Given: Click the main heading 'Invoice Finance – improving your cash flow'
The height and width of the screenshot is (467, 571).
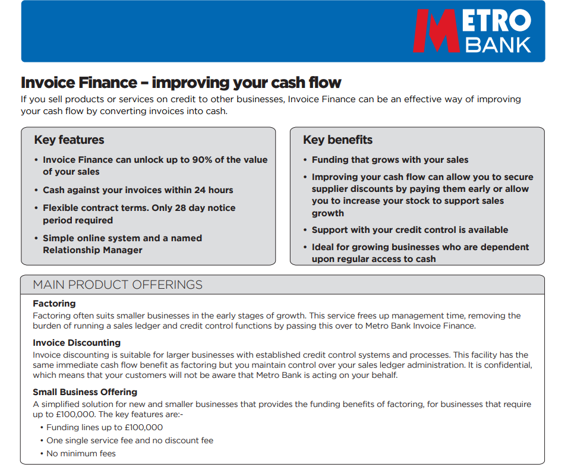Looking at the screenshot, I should [x=181, y=83].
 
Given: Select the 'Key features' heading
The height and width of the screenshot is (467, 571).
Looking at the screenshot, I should [x=69, y=140].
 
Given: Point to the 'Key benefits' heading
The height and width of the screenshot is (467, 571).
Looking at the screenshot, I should [x=337, y=140].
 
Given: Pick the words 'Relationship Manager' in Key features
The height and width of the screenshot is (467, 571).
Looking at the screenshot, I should [x=93, y=250].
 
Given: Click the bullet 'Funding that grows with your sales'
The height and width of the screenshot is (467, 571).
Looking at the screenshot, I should [x=390, y=160].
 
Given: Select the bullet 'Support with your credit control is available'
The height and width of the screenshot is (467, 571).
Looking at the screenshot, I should [x=410, y=230].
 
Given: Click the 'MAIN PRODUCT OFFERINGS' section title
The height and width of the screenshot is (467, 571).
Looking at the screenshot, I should [x=118, y=285].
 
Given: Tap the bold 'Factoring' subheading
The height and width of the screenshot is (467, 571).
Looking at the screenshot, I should [x=54, y=304].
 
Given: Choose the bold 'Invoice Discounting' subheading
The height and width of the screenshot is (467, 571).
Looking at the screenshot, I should [x=77, y=343].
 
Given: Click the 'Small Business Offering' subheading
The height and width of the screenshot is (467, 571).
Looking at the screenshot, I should [x=85, y=392].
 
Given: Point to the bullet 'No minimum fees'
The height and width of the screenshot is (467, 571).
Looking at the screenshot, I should [x=81, y=453].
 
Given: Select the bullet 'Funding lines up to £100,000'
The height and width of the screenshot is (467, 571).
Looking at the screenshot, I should [x=105, y=427].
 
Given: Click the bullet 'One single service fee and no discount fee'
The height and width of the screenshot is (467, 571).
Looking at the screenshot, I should [x=130, y=440].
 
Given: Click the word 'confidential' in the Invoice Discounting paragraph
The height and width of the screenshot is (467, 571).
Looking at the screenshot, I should [x=505, y=365].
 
